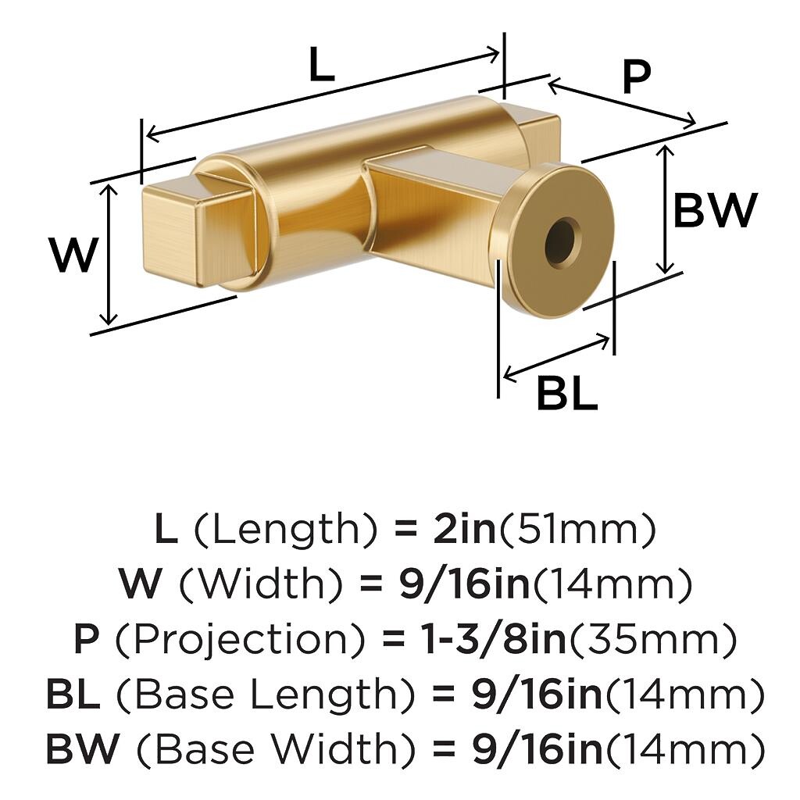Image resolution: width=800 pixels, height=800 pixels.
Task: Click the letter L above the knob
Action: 322,64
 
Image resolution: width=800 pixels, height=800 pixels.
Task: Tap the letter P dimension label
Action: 637,77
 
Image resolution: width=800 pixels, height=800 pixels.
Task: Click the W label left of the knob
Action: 74,254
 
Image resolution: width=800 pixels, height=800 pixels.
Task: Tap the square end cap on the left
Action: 170,231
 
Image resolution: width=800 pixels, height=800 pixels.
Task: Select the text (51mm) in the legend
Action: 576,530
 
